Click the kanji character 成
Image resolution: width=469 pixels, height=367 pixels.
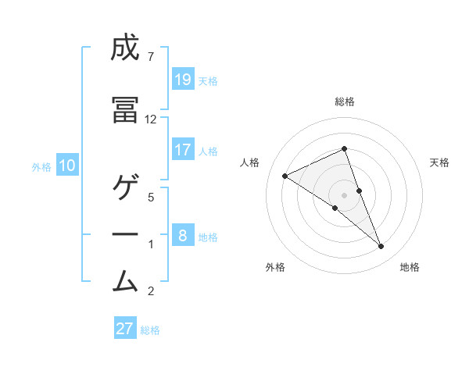[126, 49]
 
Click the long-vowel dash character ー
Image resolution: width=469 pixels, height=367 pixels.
[126, 234]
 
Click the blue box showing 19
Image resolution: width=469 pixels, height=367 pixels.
[183, 80]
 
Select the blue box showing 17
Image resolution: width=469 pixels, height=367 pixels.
[183, 150]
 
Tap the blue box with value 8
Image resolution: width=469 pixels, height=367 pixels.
[183, 235]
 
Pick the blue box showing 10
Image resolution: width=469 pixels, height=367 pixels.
[67, 166]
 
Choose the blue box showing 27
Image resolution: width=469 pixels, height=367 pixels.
[125, 328]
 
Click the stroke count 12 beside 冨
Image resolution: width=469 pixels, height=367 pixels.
[151, 119]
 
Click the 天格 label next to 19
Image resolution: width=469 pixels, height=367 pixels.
[208, 80]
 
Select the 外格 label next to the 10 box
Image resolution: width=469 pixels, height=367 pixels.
[41, 166]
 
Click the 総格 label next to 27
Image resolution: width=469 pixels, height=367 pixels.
[150, 330]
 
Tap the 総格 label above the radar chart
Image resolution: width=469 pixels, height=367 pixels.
[345, 102]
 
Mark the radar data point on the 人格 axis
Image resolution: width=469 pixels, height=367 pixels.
[285, 176]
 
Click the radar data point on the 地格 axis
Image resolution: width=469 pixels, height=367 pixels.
[381, 246]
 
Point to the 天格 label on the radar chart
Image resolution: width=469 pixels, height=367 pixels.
[440, 162]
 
